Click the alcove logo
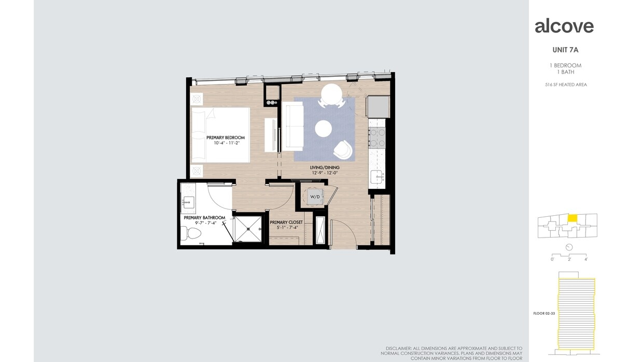pos(564,26)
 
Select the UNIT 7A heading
pos(565,50)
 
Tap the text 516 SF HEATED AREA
pos(566,85)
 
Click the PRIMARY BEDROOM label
pos(225,137)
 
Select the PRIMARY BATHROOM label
pos(204,217)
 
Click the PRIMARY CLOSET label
pos(286,222)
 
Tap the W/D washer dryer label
pos(315,197)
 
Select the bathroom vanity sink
pos(188,201)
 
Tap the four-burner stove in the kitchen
pos(377,137)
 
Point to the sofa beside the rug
pos(292,127)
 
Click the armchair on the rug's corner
pos(343,150)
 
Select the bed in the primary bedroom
pos(220,135)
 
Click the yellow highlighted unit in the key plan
pos(572,218)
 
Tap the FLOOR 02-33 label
pos(544,313)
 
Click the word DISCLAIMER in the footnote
pos(398,348)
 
